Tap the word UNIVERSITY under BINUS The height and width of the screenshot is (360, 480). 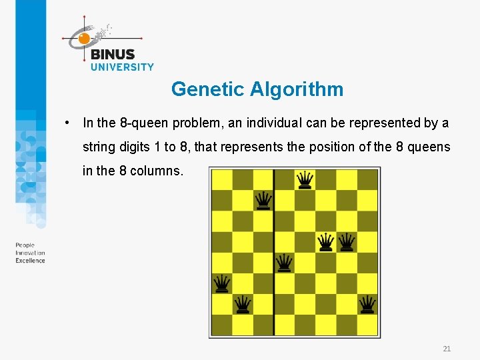coord(122,67)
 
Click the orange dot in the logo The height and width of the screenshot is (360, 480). coord(84,39)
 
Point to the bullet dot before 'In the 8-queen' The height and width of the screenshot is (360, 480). coord(67,123)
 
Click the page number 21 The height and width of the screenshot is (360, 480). coord(447,349)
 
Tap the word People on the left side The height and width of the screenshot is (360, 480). coord(25,245)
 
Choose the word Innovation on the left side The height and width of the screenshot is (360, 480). coord(30,253)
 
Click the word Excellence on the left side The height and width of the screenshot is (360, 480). coord(30,261)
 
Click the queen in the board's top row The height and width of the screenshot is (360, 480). coord(305,179)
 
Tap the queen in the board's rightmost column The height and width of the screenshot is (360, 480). coord(367,304)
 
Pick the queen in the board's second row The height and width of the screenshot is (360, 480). coord(263,200)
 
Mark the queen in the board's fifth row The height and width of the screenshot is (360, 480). coord(284,263)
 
